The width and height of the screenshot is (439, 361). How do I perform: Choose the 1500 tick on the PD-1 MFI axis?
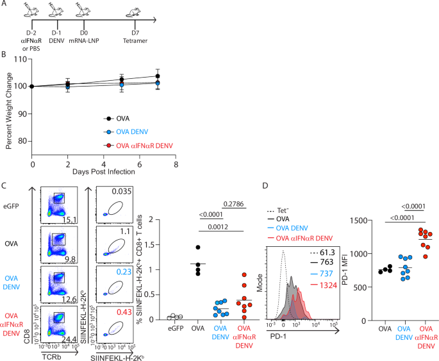click(351, 221)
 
